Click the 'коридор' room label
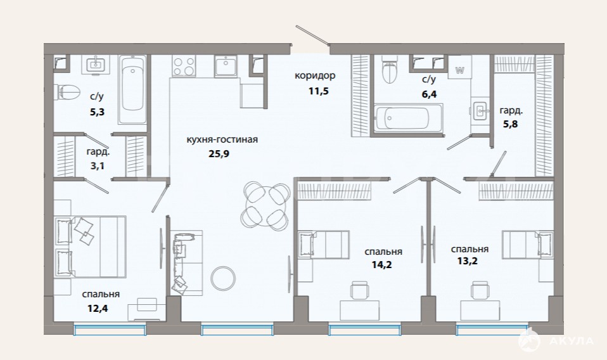[x=315, y=75]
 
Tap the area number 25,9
[x=219, y=153]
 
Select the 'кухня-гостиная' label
[x=222, y=139]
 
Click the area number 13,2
[x=467, y=261]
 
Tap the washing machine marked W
[x=460, y=67]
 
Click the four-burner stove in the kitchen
[x=184, y=66]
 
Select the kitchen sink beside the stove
[x=226, y=66]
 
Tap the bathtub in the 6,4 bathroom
[x=402, y=118]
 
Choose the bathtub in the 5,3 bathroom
[x=132, y=90]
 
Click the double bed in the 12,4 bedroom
[x=91, y=247]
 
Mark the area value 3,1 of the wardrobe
[x=97, y=166]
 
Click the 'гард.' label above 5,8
[x=511, y=111]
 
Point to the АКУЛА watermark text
[x=571, y=341]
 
